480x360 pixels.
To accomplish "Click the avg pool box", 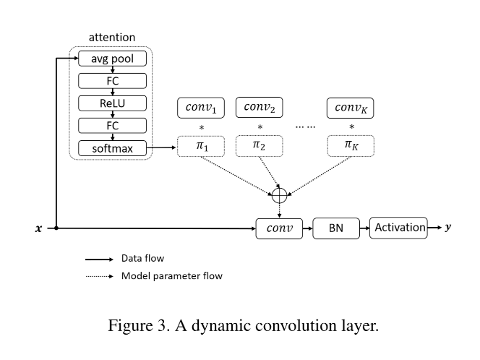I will click(112, 59).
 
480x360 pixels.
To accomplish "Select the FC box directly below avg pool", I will click(112, 81).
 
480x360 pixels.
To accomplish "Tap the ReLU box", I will click(112, 103).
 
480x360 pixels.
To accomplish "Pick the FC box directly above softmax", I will click(112, 126).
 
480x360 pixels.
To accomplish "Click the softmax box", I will click(112, 148).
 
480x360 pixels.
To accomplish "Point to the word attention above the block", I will click(111, 37).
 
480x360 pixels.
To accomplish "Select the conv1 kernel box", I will click(202, 108).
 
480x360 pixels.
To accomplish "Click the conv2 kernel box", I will click(259, 108).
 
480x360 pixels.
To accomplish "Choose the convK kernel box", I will click(351, 108).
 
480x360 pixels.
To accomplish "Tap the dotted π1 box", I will click(202, 146).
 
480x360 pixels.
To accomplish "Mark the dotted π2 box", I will click(259, 146).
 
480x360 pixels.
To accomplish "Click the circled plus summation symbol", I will click(279, 194).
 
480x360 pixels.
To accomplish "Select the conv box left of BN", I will click(279, 228).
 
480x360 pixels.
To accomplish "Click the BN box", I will click(335, 228).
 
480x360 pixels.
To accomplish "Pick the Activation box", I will click(398, 228).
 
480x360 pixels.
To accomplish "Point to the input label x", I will click(38, 228).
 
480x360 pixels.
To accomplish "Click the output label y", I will click(448, 227).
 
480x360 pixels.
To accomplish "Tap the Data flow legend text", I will click(142, 258).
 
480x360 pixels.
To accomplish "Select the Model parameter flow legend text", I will click(172, 276).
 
